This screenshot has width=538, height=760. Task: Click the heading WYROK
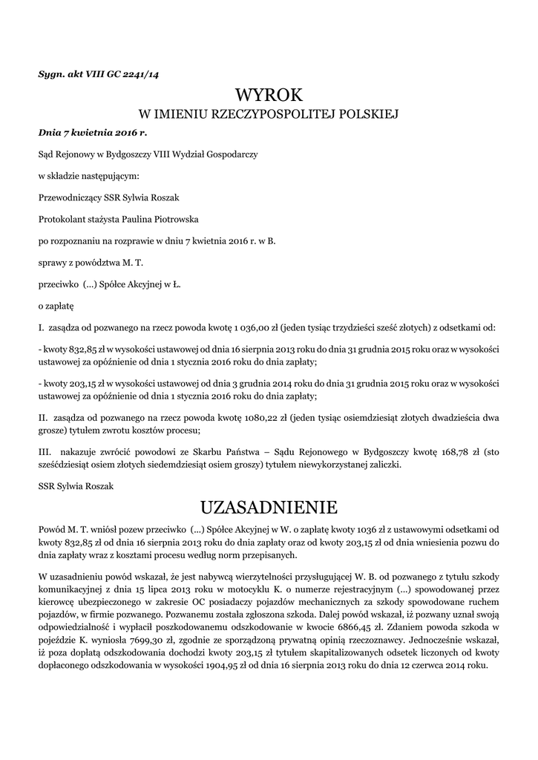coord(269,95)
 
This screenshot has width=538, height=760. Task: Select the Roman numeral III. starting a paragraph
coord(45,452)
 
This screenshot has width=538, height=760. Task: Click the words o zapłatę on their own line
coord(56,305)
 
